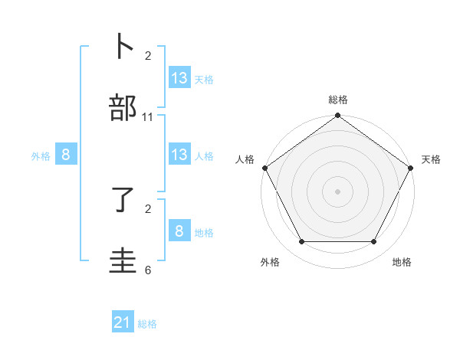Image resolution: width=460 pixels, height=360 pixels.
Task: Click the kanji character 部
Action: click(x=123, y=108)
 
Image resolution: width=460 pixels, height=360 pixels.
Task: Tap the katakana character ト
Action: click(x=123, y=47)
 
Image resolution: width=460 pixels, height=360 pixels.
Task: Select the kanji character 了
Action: click(x=123, y=199)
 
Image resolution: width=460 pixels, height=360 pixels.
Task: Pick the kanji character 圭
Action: click(x=123, y=260)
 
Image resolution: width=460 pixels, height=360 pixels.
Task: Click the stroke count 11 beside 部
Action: click(x=148, y=117)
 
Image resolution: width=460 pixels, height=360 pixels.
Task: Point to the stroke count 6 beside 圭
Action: click(x=148, y=270)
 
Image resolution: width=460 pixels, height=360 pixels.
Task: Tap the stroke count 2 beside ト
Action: click(x=148, y=56)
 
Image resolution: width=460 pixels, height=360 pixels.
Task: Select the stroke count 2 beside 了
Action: click(x=148, y=208)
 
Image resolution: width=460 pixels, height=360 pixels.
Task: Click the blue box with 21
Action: click(x=123, y=322)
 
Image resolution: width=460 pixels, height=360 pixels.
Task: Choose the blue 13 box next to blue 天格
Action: click(x=179, y=78)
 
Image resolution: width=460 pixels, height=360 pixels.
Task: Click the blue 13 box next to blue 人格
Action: click(x=179, y=155)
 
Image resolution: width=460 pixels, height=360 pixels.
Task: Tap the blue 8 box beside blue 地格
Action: click(x=179, y=231)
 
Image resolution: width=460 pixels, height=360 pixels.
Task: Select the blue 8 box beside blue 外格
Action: click(x=66, y=155)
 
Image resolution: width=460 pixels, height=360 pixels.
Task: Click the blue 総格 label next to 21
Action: click(x=147, y=324)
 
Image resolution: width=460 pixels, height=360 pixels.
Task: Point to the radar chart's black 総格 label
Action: click(x=338, y=100)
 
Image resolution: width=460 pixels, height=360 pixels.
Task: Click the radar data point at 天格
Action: click(x=412, y=168)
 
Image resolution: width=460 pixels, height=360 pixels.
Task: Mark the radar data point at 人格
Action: click(x=264, y=168)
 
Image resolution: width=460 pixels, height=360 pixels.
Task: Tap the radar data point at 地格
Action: click(x=374, y=242)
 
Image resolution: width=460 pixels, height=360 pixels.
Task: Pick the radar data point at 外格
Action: click(x=301, y=242)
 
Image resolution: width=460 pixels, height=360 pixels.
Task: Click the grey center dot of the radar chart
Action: click(x=338, y=191)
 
